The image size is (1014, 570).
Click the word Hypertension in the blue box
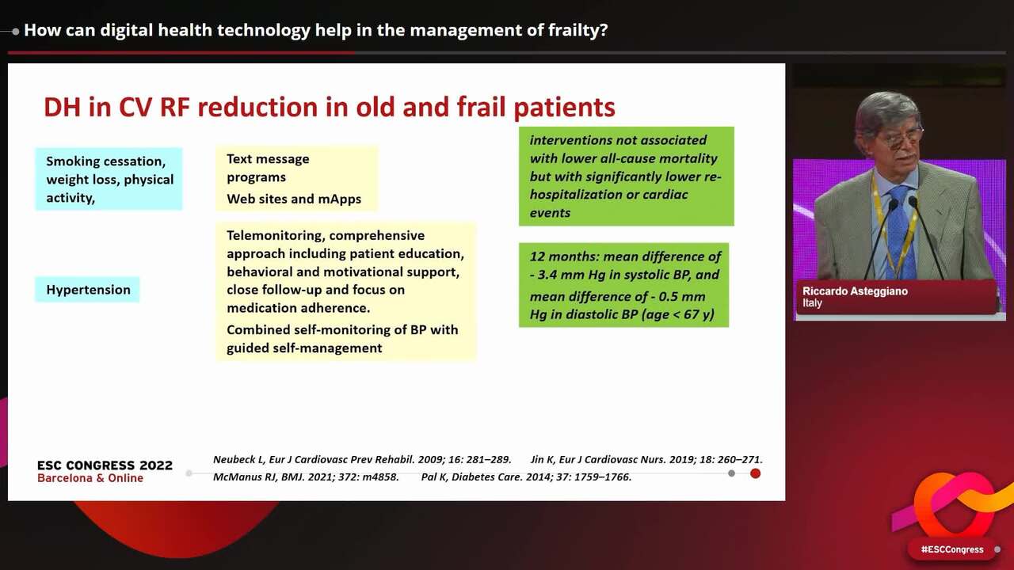(88, 290)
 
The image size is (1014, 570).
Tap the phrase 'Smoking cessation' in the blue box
(105, 161)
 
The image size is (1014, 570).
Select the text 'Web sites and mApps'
(294, 199)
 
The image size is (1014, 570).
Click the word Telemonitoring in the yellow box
(274, 236)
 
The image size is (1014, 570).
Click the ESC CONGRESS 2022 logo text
(105, 465)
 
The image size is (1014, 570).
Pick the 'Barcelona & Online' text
(90, 478)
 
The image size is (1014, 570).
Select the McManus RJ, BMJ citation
(306, 477)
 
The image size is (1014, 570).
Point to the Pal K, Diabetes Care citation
(526, 477)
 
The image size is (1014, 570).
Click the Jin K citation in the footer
(646, 459)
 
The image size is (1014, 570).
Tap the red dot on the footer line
(755, 473)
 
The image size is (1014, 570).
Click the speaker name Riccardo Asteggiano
(855, 291)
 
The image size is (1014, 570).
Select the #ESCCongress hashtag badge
(951, 549)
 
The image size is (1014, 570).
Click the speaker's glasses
(901, 139)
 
